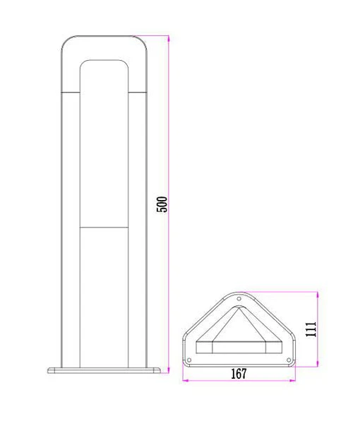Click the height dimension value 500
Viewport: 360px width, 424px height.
[162, 204]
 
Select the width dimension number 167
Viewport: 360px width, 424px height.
[239, 374]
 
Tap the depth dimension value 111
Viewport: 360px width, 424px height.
[311, 329]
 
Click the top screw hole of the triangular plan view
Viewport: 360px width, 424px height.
[239, 299]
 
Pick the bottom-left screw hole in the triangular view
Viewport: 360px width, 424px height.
[189, 360]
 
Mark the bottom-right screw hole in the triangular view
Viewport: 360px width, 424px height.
[289, 360]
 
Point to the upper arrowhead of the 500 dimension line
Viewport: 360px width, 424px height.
[169, 38]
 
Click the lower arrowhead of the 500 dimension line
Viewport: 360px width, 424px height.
[169, 370]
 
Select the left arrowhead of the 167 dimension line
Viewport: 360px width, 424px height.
[185, 380]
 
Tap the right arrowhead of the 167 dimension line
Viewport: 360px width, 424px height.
[292, 380]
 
